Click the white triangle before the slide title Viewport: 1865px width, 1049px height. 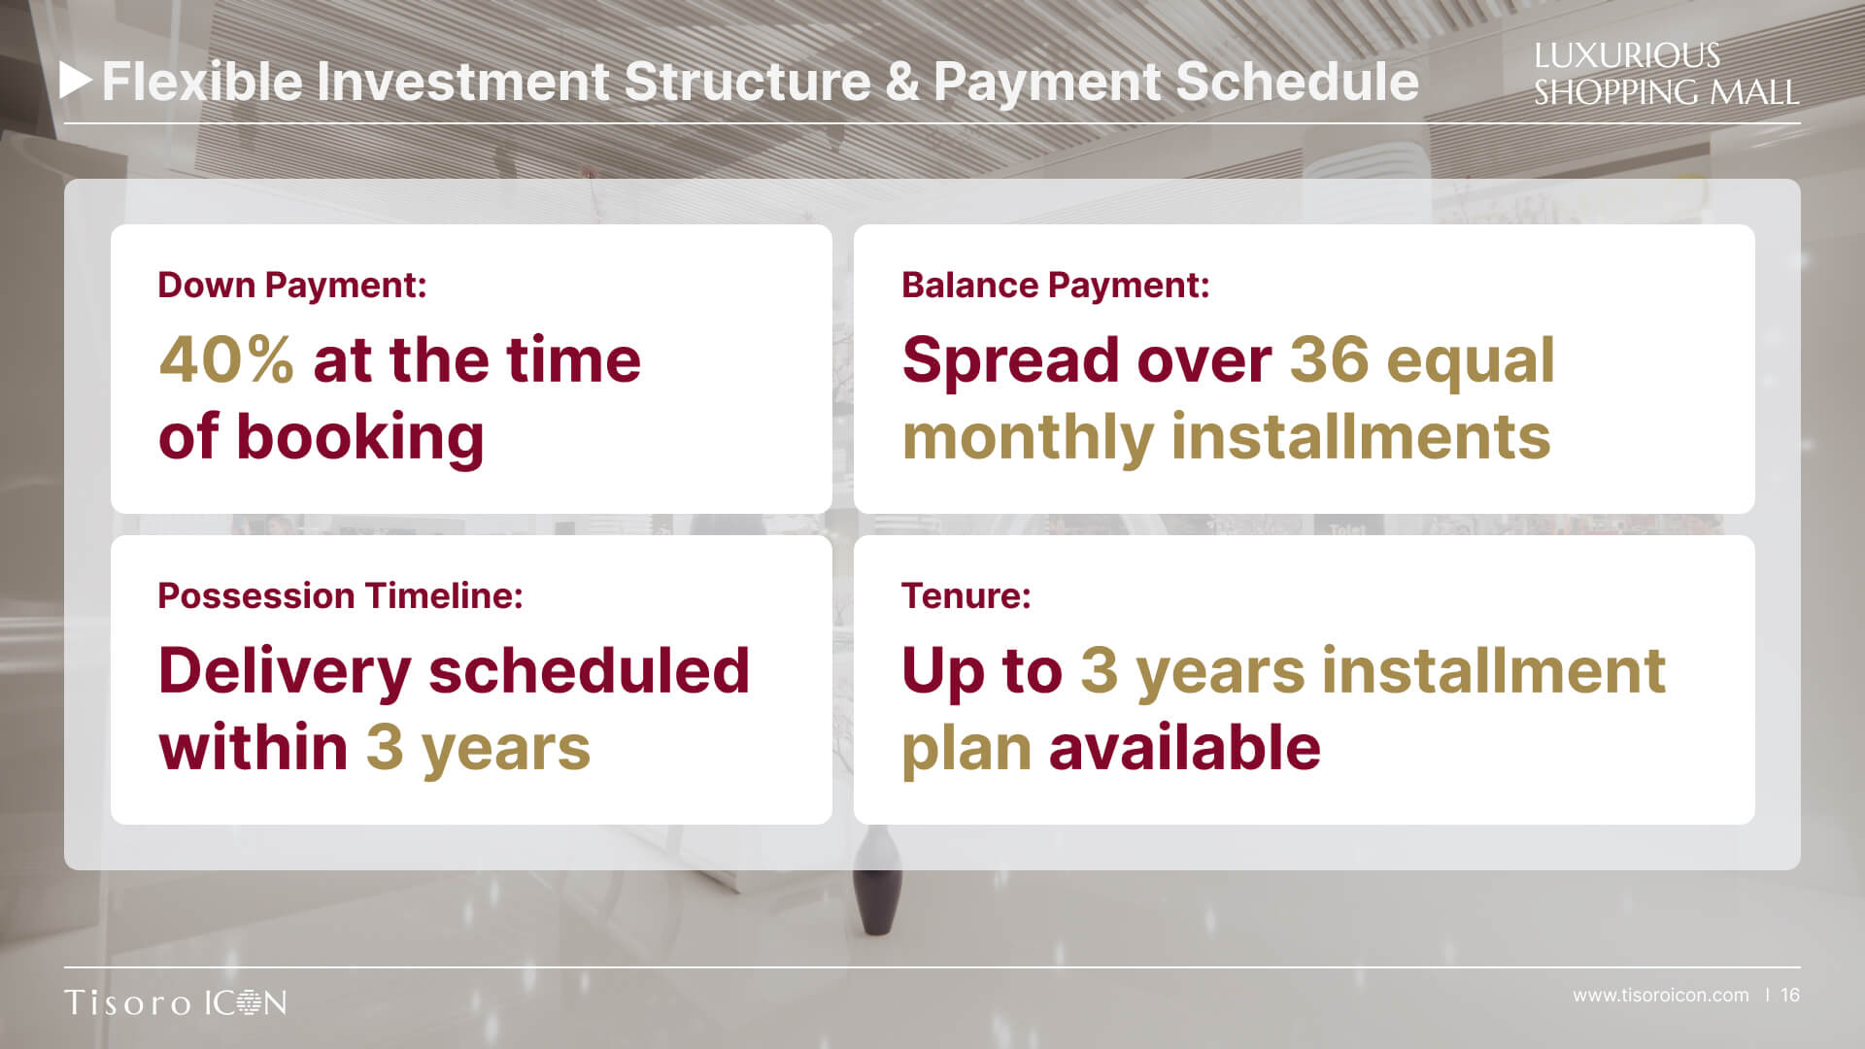pyautogui.click(x=76, y=81)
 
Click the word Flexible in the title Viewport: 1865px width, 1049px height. pyautogui.click(x=203, y=81)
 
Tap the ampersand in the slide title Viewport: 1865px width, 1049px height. pyautogui.click(x=901, y=82)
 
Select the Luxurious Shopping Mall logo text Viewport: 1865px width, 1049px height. pyautogui.click(x=1666, y=74)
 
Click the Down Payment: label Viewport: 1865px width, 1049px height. pyautogui.click(x=292, y=285)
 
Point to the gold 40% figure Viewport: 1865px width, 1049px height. pyautogui.click(x=226, y=359)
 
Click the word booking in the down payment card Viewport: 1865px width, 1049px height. pyautogui.click(x=360, y=438)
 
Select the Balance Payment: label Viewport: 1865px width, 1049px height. pyautogui.click(x=1056, y=285)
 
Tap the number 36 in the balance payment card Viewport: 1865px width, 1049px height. pyautogui.click(x=1329, y=359)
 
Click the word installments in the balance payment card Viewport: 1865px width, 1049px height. pyautogui.click(x=1361, y=436)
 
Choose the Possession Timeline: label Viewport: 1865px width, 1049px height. pyautogui.click(x=340, y=595)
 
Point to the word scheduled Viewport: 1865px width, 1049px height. pyautogui.click(x=590, y=670)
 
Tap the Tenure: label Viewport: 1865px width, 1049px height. pyautogui.click(x=966, y=595)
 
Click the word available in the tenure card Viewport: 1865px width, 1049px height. pyautogui.click(x=1185, y=747)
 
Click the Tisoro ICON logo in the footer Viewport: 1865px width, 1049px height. pyautogui.click(x=176, y=1002)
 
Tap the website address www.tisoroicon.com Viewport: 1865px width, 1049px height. pyautogui.click(x=1661, y=996)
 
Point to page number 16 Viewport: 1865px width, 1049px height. pyautogui.click(x=1790, y=996)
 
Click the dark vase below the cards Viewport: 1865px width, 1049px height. pyautogui.click(x=877, y=881)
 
